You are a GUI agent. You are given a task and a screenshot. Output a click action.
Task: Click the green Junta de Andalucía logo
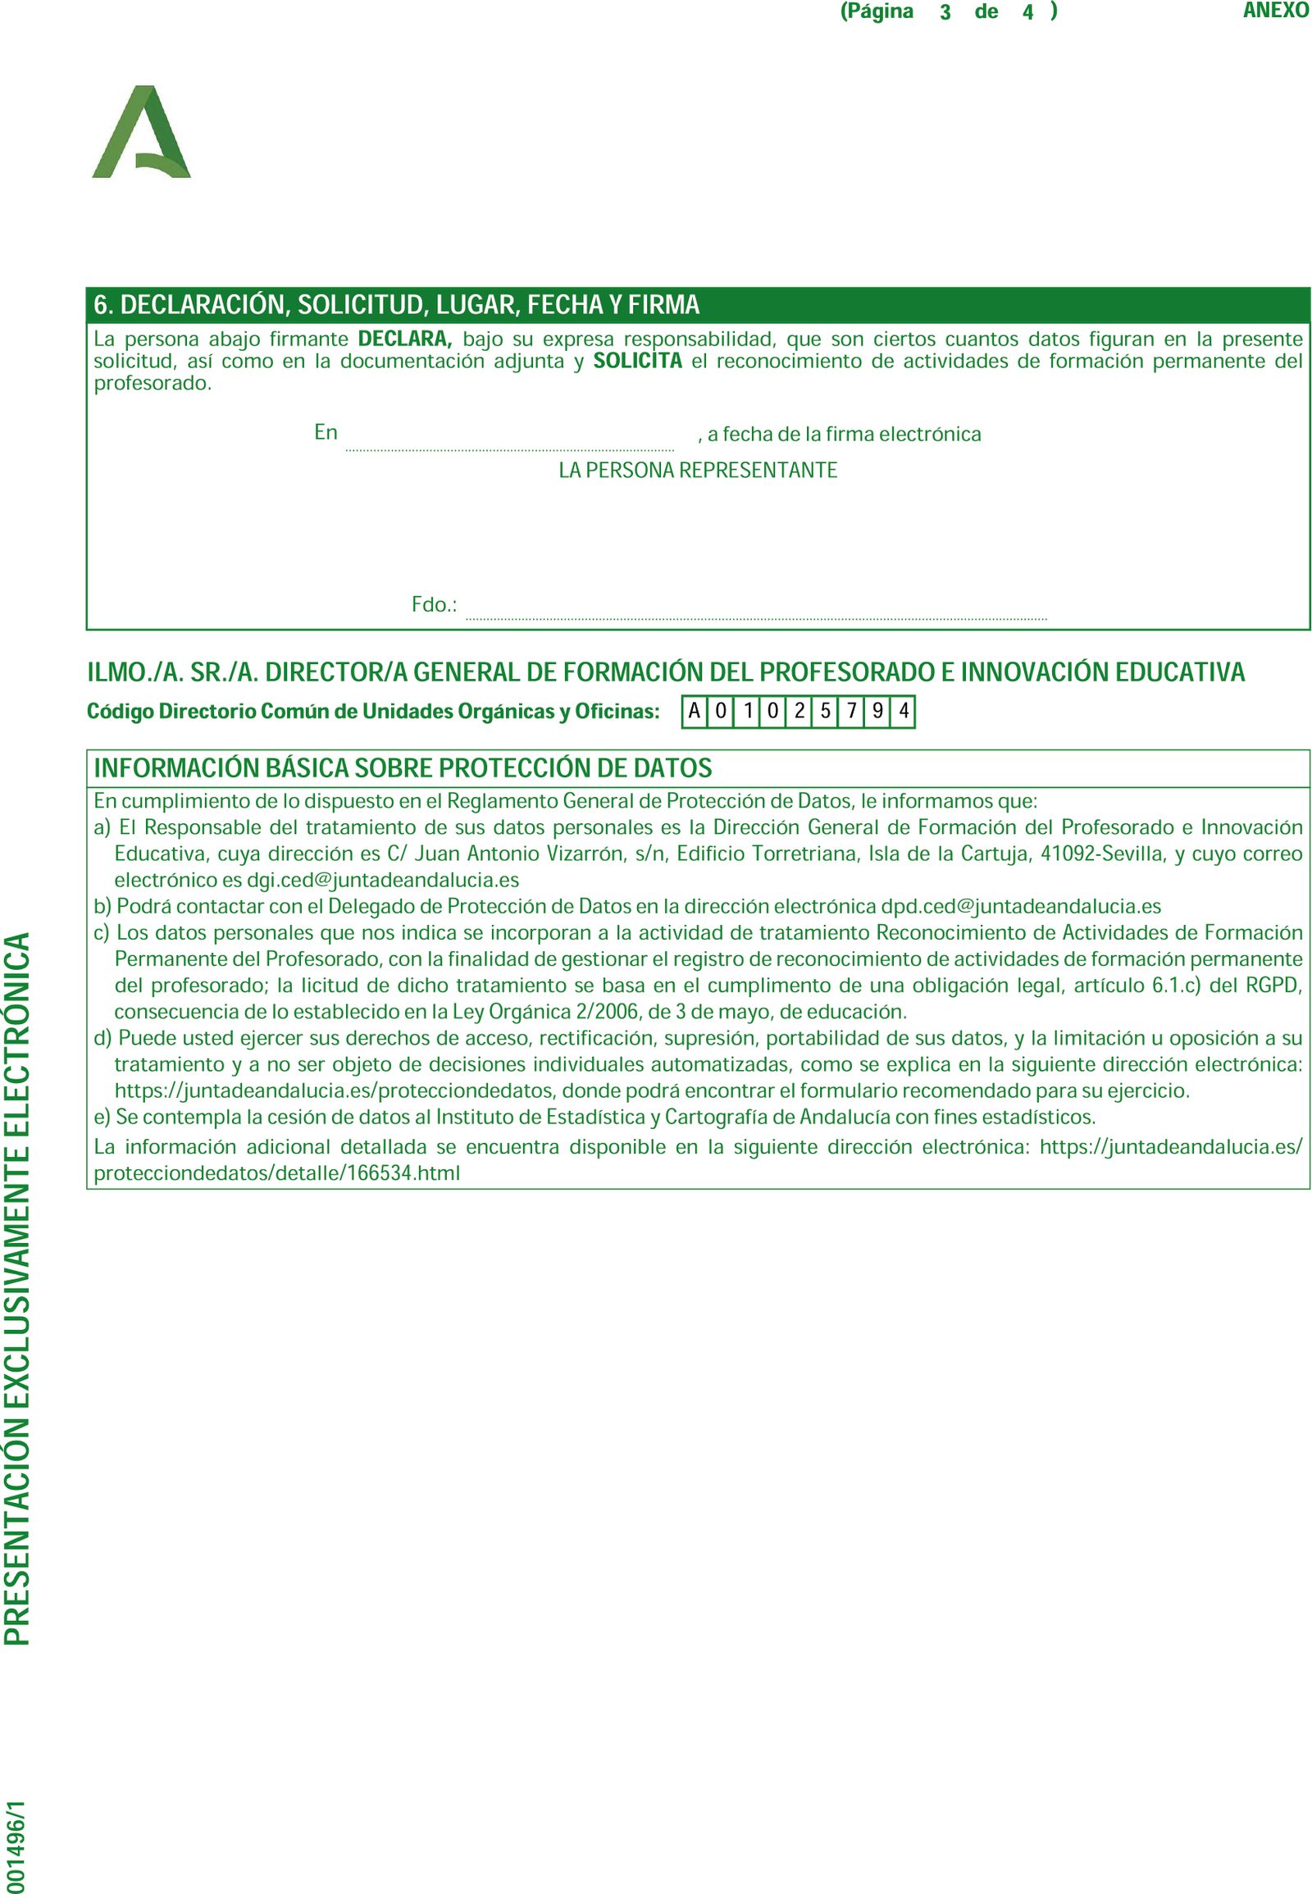click(141, 132)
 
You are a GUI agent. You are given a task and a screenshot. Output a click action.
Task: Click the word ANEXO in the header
click(1275, 11)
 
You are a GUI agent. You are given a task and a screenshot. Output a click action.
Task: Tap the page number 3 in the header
click(945, 12)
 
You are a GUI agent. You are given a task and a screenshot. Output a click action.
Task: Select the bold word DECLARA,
click(404, 339)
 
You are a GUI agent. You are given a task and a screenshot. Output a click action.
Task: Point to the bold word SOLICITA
click(637, 361)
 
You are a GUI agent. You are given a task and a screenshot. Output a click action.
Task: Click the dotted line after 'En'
click(510, 447)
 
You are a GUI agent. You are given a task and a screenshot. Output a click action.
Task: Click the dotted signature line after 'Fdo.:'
click(756, 616)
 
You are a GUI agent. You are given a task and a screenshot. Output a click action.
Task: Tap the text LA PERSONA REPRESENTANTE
click(698, 470)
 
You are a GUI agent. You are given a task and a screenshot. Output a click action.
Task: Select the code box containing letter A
click(695, 711)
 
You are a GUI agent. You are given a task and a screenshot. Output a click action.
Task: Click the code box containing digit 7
click(852, 711)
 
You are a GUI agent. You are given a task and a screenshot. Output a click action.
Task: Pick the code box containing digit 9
click(878, 711)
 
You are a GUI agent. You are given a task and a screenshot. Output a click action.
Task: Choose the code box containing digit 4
click(904, 711)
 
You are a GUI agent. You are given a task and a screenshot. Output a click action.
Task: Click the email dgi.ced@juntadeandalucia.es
click(383, 880)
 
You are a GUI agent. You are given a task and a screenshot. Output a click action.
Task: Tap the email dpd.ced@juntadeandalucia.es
click(1021, 906)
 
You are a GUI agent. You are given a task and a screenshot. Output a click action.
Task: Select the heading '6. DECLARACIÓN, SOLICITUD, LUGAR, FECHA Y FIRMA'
click(396, 305)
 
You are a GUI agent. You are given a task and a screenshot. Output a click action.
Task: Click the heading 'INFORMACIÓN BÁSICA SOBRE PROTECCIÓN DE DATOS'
click(403, 767)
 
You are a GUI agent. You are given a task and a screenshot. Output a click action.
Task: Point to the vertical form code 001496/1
click(15, 1846)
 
